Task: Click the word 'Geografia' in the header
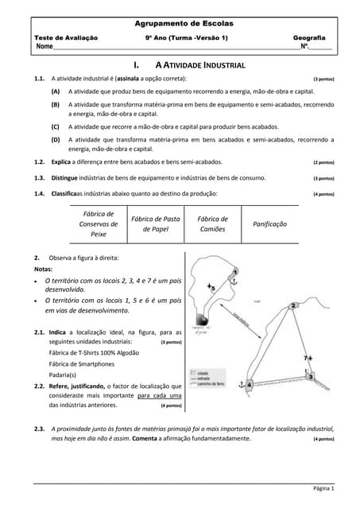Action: (x=309, y=37)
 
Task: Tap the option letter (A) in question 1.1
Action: (x=56, y=92)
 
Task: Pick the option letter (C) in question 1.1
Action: (x=56, y=126)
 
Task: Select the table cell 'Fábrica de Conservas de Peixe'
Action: (x=99, y=224)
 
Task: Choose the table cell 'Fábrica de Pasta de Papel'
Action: (x=156, y=224)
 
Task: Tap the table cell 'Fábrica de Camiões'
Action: (x=212, y=224)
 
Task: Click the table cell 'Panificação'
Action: (x=269, y=224)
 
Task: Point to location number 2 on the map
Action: (x=294, y=305)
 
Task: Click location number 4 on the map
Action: (x=250, y=385)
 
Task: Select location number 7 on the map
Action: (x=308, y=359)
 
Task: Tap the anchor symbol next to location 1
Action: (x=234, y=276)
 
